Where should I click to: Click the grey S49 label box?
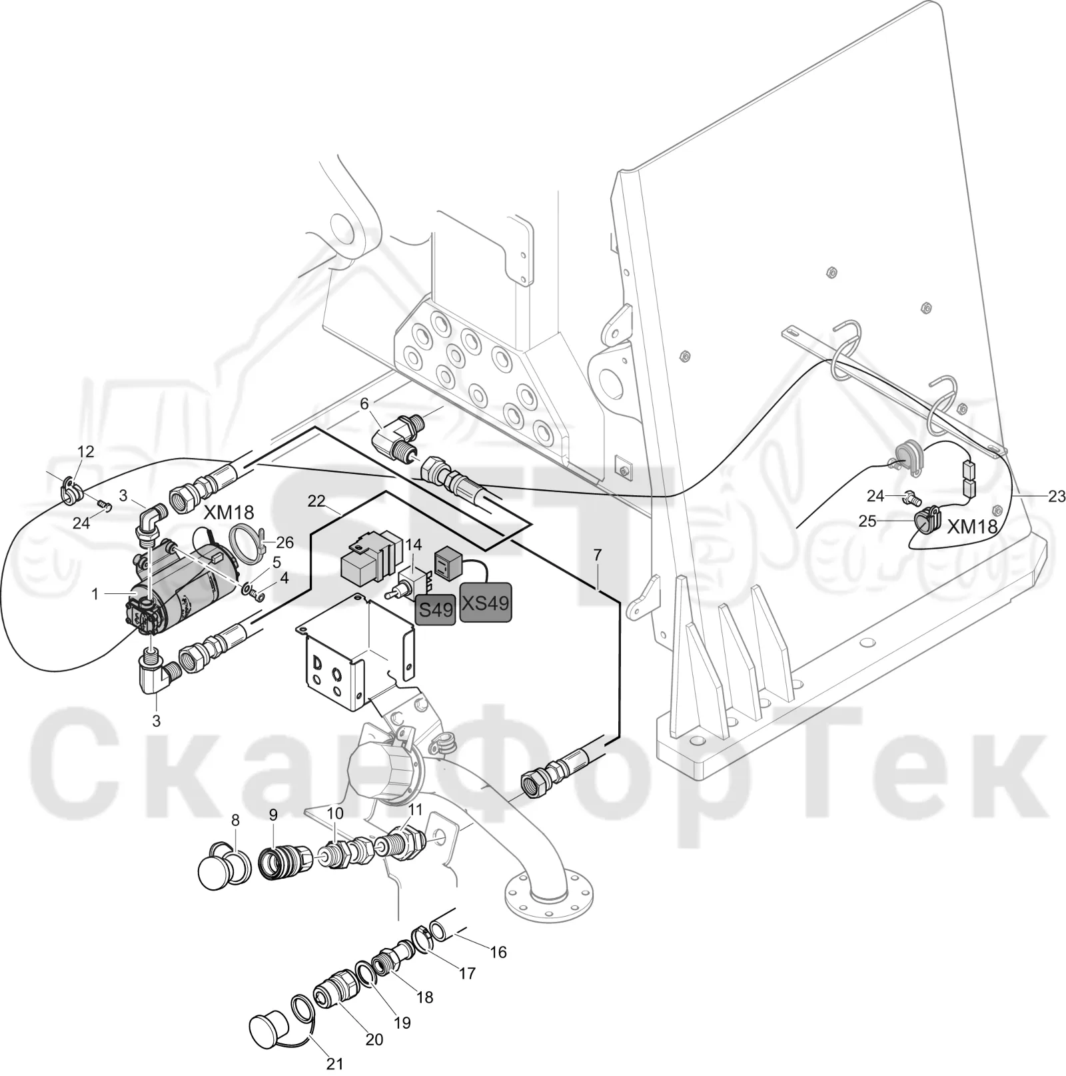coord(436,608)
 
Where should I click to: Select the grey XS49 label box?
coord(486,603)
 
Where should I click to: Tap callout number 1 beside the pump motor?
coord(95,593)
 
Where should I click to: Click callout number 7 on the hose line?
coord(597,555)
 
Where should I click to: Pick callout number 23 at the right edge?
coord(1057,496)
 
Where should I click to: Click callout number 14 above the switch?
coord(414,545)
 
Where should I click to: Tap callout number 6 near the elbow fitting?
coord(364,404)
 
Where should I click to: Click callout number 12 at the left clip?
coord(86,451)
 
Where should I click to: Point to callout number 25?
coord(867,521)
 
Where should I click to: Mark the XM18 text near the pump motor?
coord(229,513)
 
